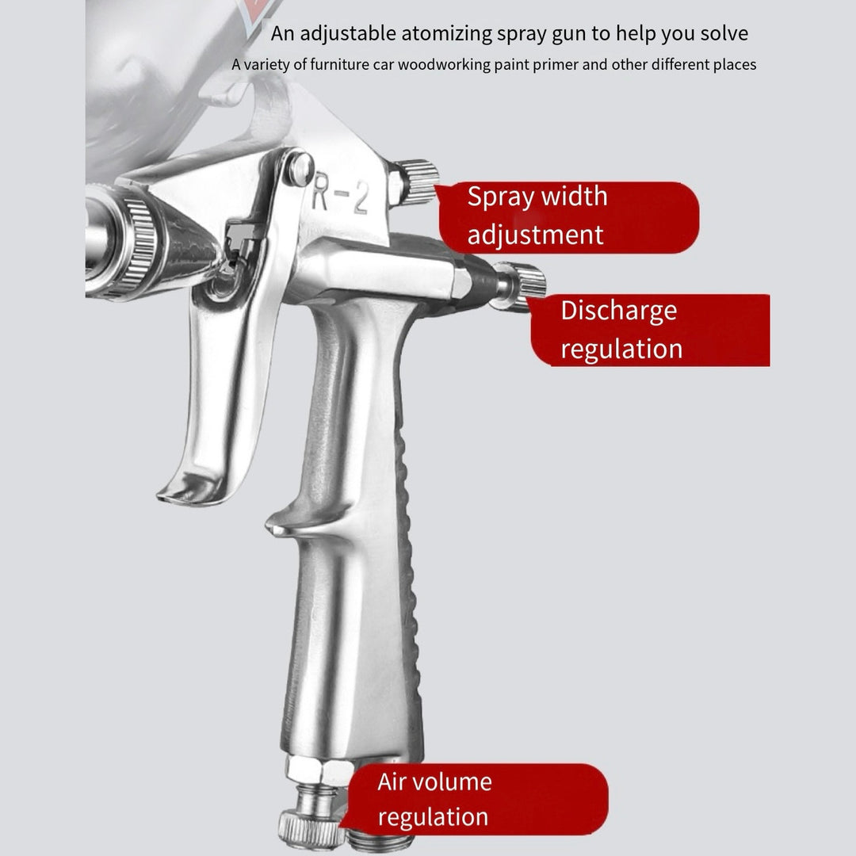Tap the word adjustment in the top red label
pyautogui.click(x=535, y=235)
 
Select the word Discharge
pyautogui.click(x=618, y=311)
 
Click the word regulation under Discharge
pyautogui.click(x=621, y=349)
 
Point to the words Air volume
pyautogui.click(x=434, y=782)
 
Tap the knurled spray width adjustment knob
pyautogui.click(x=417, y=181)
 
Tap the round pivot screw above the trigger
pyautogui.click(x=299, y=169)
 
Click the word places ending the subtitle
pyautogui.click(x=733, y=64)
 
